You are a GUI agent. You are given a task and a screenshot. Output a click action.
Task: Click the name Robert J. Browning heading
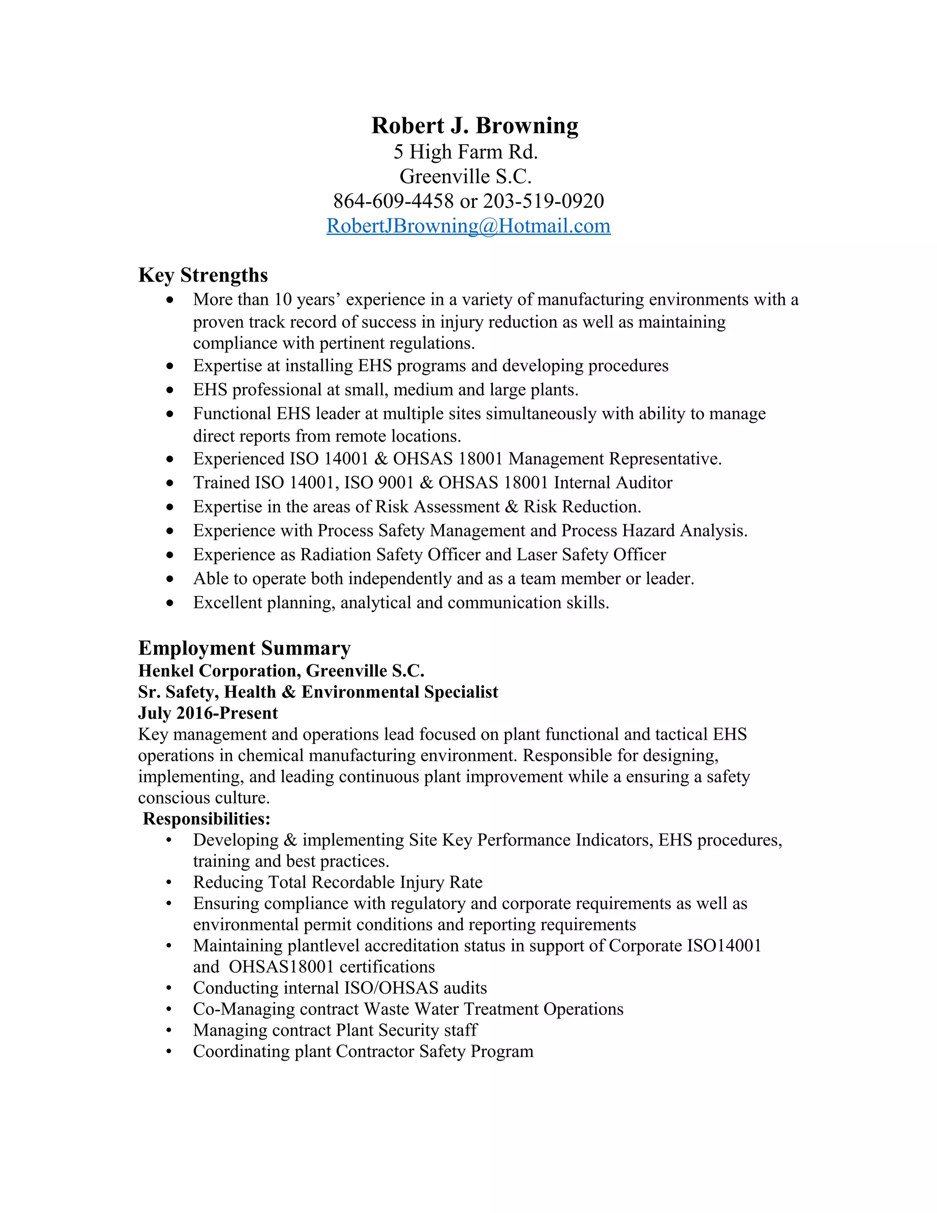[x=474, y=125]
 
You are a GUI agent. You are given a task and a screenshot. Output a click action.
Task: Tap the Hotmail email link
[x=468, y=226]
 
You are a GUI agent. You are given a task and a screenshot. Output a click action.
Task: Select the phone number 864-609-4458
[x=393, y=200]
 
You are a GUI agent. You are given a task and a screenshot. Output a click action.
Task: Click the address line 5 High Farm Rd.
[x=465, y=152]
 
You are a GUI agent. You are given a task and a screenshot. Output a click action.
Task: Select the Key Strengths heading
[x=203, y=275]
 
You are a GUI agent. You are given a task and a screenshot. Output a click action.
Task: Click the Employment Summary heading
[x=244, y=648]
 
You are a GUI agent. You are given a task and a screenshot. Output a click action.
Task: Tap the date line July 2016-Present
[x=208, y=713]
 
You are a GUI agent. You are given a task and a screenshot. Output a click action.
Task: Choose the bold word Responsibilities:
[x=206, y=819]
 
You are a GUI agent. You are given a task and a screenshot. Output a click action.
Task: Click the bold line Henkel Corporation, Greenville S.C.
[x=281, y=671]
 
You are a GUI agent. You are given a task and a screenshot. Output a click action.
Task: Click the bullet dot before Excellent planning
[x=170, y=603]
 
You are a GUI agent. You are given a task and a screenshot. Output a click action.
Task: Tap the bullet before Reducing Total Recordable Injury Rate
[x=169, y=883]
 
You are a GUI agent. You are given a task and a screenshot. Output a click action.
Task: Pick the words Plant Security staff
[x=406, y=1030]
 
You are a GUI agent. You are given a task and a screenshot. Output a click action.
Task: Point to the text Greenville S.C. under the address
[x=465, y=177]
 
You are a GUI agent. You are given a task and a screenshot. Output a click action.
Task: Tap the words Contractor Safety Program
[x=434, y=1051]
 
